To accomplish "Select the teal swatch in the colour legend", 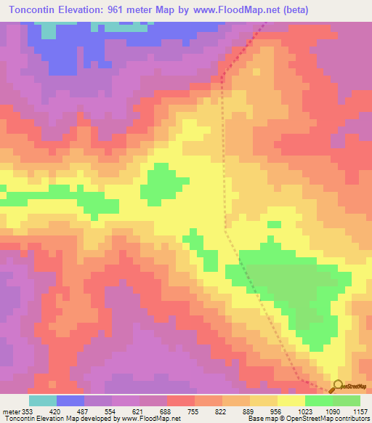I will (42, 400).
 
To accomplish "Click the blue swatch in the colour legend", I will (70, 400).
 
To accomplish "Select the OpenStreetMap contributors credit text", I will (339, 419).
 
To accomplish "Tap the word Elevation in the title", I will (90, 10).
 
